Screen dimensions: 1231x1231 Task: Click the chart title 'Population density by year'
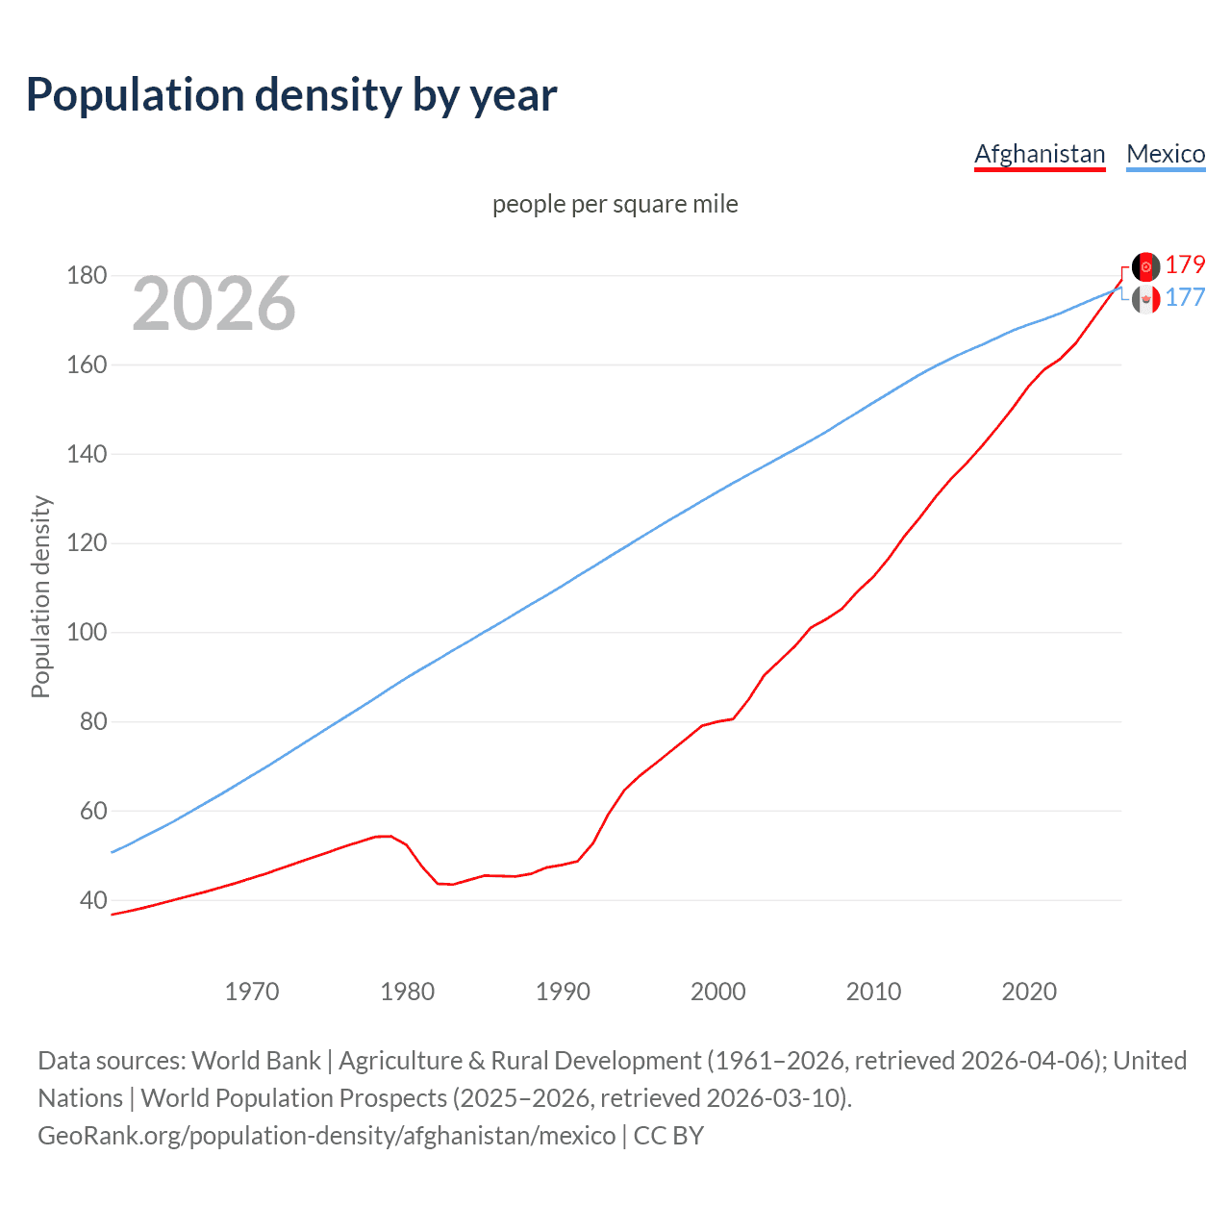pyautogui.click(x=290, y=95)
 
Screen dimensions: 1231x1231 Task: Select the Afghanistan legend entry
pyautogui.click(x=1040, y=154)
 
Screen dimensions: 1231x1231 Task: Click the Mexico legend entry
pyautogui.click(x=1166, y=154)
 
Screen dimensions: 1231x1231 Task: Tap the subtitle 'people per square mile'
pyautogui.click(x=615, y=204)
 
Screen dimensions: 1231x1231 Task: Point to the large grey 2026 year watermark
pyautogui.click(x=214, y=304)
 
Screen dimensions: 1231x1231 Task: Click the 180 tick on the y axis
pyautogui.click(x=87, y=276)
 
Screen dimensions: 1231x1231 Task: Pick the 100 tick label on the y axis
pyautogui.click(x=87, y=633)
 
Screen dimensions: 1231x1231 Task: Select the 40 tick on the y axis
pyautogui.click(x=93, y=900)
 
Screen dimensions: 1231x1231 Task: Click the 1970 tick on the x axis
pyautogui.click(x=252, y=992)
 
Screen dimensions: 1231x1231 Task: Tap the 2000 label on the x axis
pyautogui.click(x=718, y=992)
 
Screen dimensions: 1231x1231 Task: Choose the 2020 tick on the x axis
pyautogui.click(x=1029, y=992)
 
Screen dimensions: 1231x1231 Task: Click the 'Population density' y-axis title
pyautogui.click(x=40, y=596)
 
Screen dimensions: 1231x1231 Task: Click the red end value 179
pyautogui.click(x=1185, y=265)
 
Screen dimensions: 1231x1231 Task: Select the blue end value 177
pyautogui.click(x=1185, y=298)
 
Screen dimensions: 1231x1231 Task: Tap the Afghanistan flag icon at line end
pyautogui.click(x=1145, y=266)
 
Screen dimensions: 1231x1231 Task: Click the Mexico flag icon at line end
pyautogui.click(x=1145, y=300)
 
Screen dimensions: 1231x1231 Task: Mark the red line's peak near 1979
pyautogui.click(x=385, y=836)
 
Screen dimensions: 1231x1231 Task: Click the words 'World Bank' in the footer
pyautogui.click(x=256, y=1060)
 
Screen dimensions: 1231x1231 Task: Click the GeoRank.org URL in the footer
pyautogui.click(x=327, y=1135)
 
